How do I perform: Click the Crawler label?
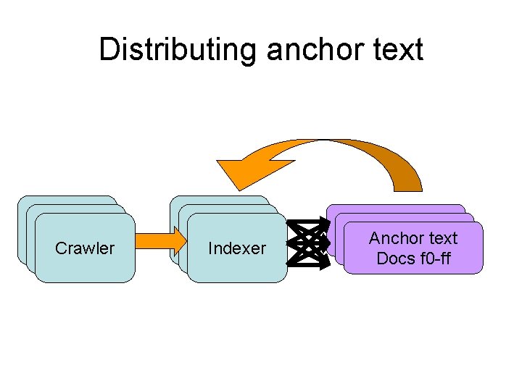pos(85,248)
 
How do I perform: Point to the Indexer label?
pos(237,248)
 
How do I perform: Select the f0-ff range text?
pos(433,258)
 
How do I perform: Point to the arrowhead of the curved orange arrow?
pos(236,172)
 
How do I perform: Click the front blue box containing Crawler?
pos(85,268)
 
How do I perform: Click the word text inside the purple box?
pos(443,238)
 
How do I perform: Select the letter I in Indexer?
pos(211,248)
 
